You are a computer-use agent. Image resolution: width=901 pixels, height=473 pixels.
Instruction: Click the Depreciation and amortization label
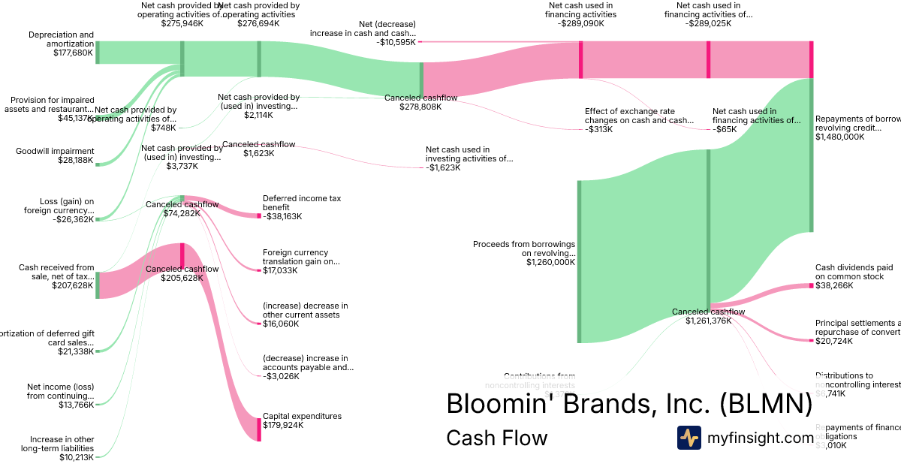(x=61, y=39)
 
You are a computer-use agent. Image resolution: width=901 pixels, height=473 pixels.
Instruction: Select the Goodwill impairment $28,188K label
(x=55, y=155)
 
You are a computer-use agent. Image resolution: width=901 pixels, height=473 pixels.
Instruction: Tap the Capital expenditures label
(x=302, y=416)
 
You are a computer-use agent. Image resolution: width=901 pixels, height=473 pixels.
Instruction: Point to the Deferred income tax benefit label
(x=302, y=203)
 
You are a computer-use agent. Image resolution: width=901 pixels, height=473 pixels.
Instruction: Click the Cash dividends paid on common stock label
(x=854, y=272)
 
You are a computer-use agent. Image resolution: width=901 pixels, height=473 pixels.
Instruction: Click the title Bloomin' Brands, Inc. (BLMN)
(x=629, y=404)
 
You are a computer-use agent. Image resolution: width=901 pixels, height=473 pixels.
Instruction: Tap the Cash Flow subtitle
(x=497, y=438)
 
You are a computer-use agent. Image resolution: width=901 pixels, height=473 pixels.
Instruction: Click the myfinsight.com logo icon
(x=689, y=438)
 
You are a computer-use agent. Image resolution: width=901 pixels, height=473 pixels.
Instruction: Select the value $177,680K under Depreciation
(x=73, y=53)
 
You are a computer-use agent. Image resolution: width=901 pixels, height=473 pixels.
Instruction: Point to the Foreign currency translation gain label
(x=301, y=257)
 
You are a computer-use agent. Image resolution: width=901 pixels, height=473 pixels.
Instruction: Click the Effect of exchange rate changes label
(x=639, y=116)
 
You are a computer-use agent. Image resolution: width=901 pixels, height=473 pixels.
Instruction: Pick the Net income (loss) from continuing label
(x=61, y=391)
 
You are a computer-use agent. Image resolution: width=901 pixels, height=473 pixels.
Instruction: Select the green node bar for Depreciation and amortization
(x=97, y=53)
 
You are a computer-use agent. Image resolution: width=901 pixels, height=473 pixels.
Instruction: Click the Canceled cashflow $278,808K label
(x=420, y=102)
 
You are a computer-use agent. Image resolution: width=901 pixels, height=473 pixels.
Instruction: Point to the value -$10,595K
(x=396, y=43)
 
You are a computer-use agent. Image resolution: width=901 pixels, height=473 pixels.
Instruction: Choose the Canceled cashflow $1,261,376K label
(x=708, y=316)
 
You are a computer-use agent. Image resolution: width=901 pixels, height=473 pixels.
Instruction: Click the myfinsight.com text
(x=760, y=438)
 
